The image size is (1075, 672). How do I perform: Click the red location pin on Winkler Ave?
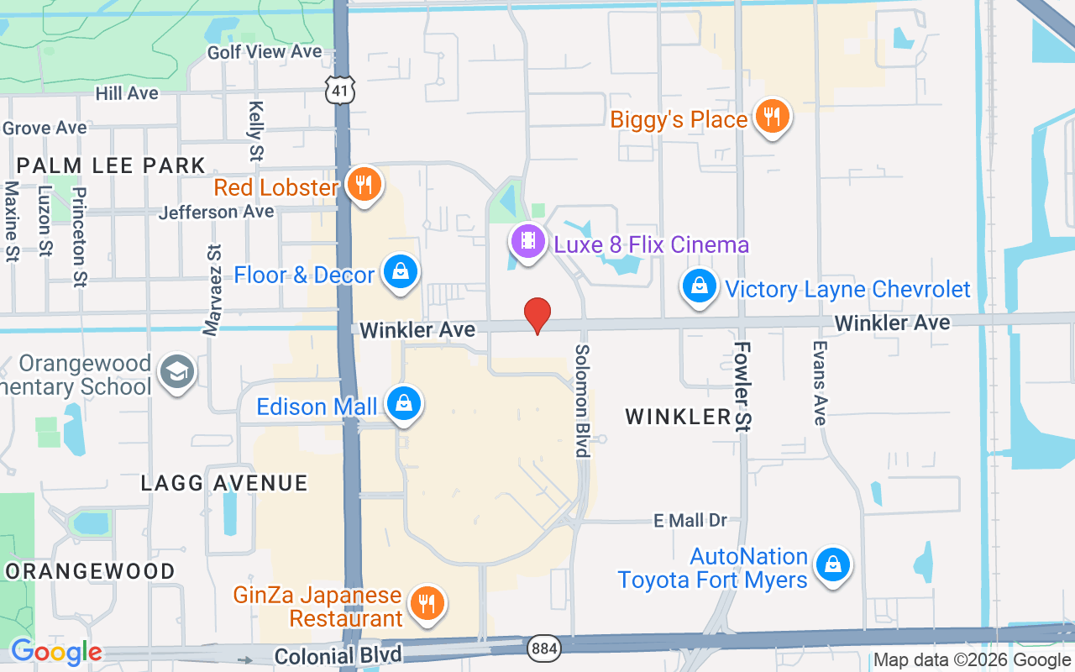coord(537,316)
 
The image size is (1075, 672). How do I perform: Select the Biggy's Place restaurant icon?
coord(770,117)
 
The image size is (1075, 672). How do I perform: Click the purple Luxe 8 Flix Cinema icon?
coord(527,242)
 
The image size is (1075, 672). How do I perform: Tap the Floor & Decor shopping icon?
coord(401,272)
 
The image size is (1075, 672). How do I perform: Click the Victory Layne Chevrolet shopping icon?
coord(699,287)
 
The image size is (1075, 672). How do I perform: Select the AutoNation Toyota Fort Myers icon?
coord(833,564)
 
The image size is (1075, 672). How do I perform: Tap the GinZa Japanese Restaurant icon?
coord(427,604)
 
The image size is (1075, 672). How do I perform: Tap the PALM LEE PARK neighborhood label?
coord(111,165)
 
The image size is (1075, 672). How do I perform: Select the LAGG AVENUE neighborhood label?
coord(224,483)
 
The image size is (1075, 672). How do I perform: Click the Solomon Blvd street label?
coord(581,401)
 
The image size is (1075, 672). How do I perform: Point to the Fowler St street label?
coord(742,386)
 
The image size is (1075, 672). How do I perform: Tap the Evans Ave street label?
coord(820,382)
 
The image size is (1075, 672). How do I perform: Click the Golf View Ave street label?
coord(265,52)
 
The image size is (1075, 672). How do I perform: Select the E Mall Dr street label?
coord(690,521)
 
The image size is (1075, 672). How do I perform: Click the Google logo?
coord(56,652)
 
